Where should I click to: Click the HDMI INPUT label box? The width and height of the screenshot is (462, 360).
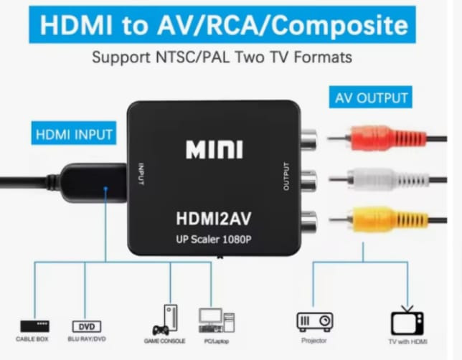pyautogui.click(x=74, y=133)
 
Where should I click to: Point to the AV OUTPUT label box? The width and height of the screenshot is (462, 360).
pyautogui.click(x=371, y=97)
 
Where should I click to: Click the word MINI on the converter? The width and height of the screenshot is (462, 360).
pyautogui.click(x=214, y=149)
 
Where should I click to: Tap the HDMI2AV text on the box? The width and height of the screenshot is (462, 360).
pyautogui.click(x=214, y=219)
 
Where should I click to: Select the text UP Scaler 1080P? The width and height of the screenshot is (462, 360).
pyautogui.click(x=214, y=240)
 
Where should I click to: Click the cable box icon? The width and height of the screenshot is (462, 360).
pyautogui.click(x=34, y=326)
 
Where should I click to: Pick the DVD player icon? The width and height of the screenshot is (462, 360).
pyautogui.click(x=87, y=326)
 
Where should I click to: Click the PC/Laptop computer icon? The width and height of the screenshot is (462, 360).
pyautogui.click(x=217, y=321)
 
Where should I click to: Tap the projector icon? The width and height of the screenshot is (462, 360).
pyautogui.click(x=315, y=321)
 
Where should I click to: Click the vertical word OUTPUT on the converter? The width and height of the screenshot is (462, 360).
pyautogui.click(x=286, y=176)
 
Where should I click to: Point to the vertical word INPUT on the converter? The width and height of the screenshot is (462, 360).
pyautogui.click(x=141, y=174)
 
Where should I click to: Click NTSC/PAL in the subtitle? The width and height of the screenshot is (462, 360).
pyautogui.click(x=192, y=57)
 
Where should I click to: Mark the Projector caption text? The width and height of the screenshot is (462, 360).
pyautogui.click(x=313, y=341)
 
